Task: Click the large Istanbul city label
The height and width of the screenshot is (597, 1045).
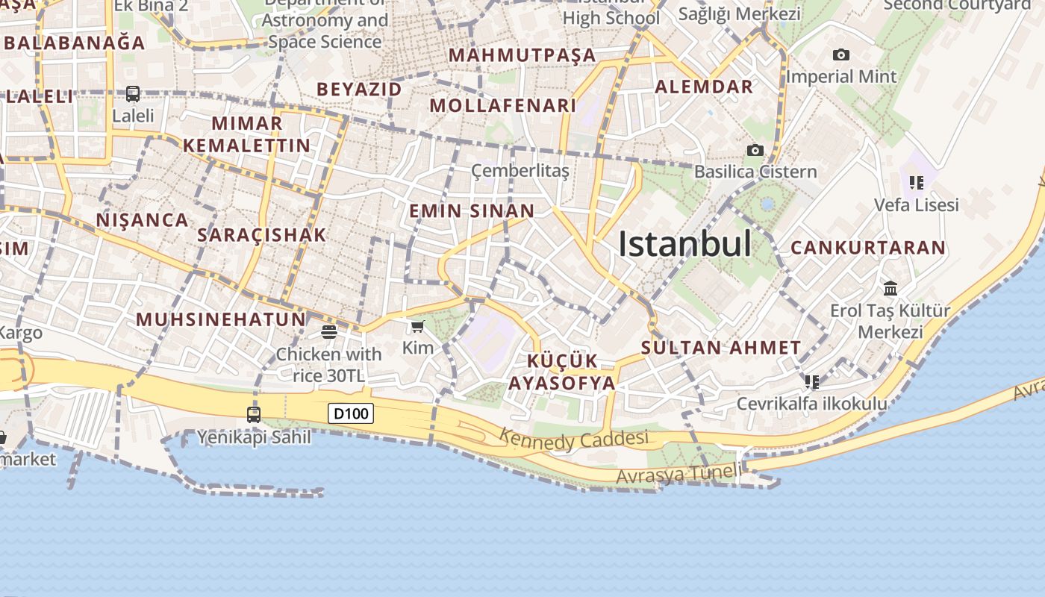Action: pyautogui.click(x=684, y=244)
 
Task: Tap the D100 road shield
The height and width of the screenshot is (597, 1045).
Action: pyautogui.click(x=351, y=413)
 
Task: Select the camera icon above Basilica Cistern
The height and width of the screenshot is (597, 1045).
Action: pyautogui.click(x=755, y=151)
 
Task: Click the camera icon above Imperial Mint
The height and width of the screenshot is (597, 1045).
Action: pyautogui.click(x=841, y=54)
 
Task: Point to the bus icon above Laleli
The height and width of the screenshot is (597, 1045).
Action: pyautogui.click(x=133, y=94)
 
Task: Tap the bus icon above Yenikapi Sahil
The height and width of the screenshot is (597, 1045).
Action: pyautogui.click(x=254, y=414)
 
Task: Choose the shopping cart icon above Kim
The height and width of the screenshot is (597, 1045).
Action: pyautogui.click(x=418, y=326)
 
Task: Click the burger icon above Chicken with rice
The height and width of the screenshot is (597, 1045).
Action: pyautogui.click(x=328, y=331)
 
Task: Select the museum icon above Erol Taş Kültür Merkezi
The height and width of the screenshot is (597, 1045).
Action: pyautogui.click(x=890, y=288)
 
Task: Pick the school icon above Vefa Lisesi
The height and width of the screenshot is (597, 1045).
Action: pyautogui.click(x=917, y=182)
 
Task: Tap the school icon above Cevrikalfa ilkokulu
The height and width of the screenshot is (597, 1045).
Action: pyautogui.click(x=812, y=382)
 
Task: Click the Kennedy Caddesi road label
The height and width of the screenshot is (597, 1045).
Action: pyautogui.click(x=573, y=440)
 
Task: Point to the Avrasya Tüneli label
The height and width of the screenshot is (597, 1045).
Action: pyautogui.click(x=679, y=474)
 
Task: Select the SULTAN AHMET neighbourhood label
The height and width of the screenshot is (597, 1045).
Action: pyautogui.click(x=721, y=348)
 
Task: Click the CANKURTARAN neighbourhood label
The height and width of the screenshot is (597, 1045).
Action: pyautogui.click(x=868, y=248)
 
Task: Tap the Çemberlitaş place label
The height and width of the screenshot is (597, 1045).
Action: pyautogui.click(x=520, y=172)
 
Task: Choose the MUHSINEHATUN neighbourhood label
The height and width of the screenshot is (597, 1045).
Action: pyautogui.click(x=221, y=320)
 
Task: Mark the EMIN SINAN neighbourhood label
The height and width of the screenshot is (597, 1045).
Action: pyautogui.click(x=472, y=211)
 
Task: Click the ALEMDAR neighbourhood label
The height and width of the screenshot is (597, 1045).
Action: pyautogui.click(x=704, y=87)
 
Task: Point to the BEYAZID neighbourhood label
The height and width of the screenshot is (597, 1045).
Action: pyautogui.click(x=359, y=90)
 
